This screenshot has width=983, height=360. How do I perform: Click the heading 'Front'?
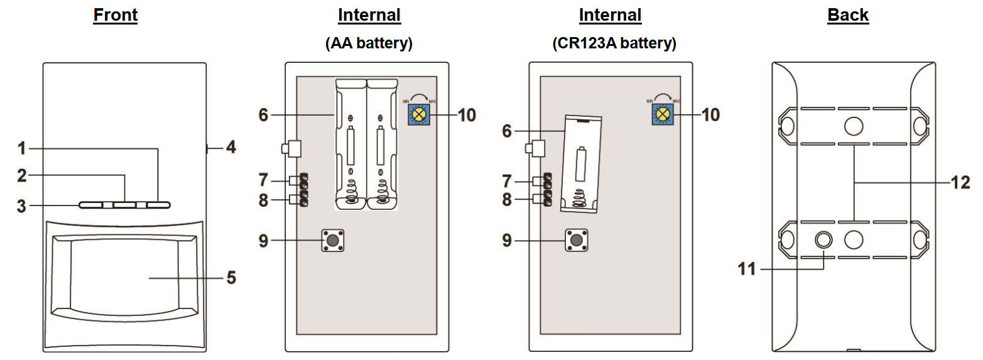pos(115,15)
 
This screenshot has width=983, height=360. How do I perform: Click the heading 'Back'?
pos(847,15)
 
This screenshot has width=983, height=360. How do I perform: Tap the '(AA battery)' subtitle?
pos(369,43)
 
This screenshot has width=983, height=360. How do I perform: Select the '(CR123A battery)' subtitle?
pos(614,43)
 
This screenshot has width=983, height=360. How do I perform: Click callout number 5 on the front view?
pos(231,277)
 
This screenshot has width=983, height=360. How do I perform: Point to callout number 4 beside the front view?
pos(231,149)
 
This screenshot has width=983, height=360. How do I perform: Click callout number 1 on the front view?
pos(22,149)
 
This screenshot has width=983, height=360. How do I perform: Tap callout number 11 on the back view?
pos(747,269)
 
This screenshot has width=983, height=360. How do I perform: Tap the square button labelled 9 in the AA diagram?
pos(334,241)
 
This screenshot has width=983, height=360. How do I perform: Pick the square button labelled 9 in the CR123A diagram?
pos(577,241)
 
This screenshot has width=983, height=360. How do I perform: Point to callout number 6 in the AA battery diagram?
pos(263,115)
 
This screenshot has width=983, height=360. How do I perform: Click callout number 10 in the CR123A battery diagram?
pos(710,115)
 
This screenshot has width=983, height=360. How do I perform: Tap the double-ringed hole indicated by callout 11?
pos(823,239)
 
